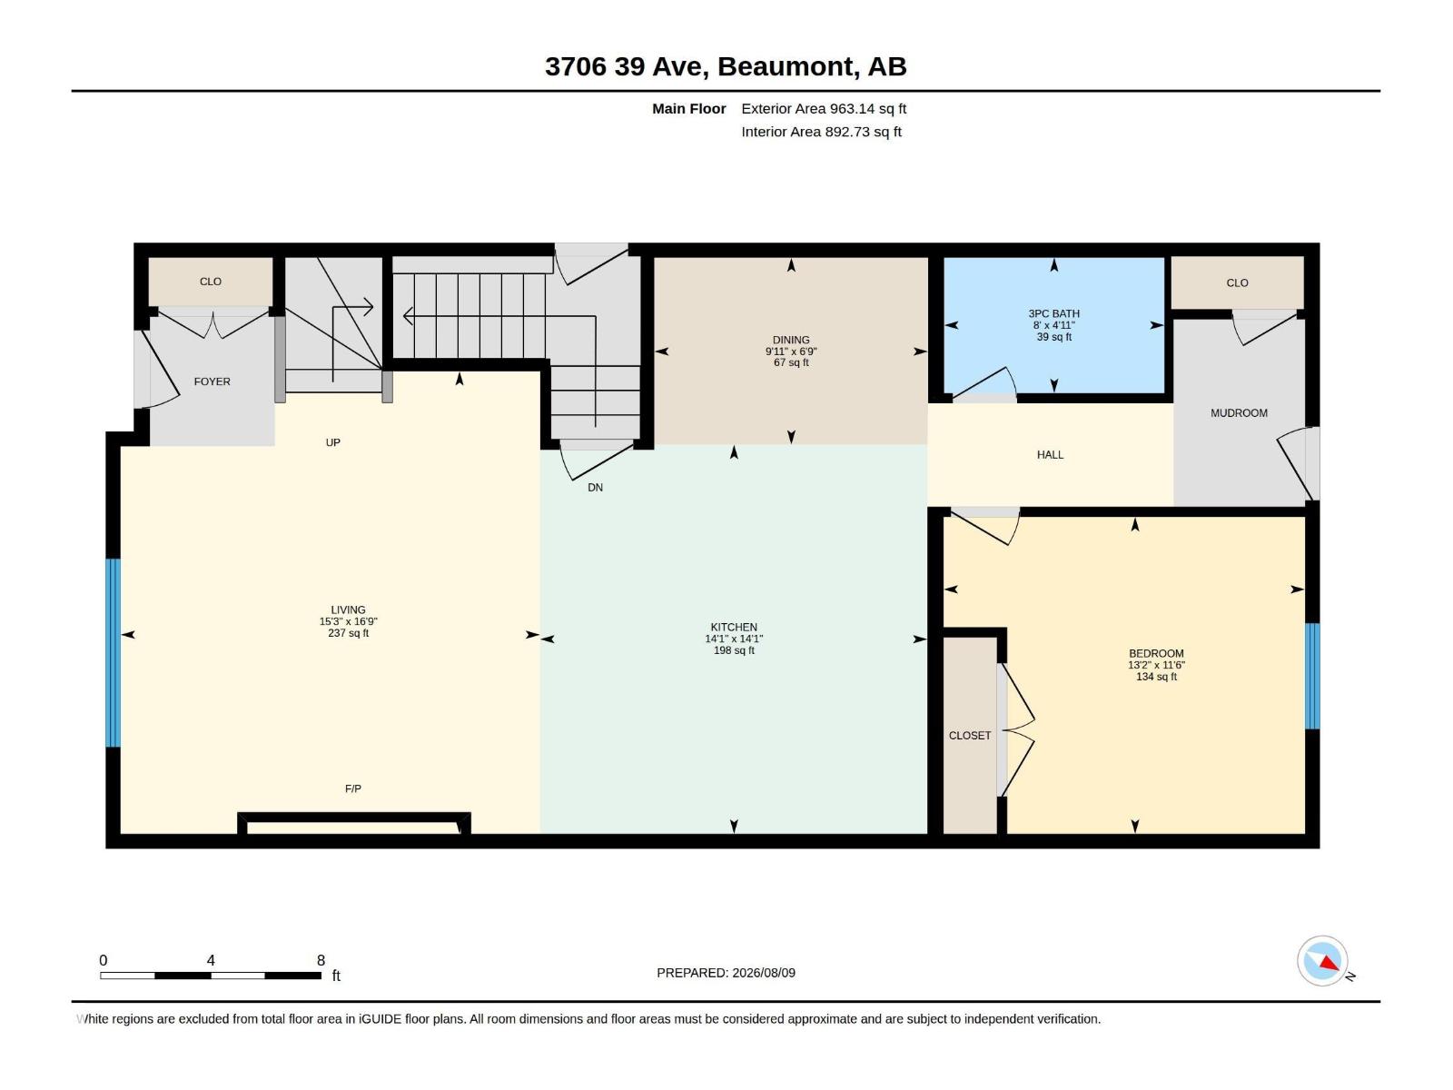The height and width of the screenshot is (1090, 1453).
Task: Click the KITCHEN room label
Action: [734, 627]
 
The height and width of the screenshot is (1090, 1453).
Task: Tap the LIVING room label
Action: [348, 609]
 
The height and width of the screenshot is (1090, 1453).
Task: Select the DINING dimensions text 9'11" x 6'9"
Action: [791, 352]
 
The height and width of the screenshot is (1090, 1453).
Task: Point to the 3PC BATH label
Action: [1053, 313]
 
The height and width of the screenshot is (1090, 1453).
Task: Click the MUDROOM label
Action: [1239, 413]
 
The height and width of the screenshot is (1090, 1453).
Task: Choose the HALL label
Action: [1050, 455]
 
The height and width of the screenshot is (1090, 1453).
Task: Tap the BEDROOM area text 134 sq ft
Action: [1156, 677]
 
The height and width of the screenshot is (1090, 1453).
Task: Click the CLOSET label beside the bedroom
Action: [970, 735]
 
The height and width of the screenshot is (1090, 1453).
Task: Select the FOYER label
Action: [212, 381]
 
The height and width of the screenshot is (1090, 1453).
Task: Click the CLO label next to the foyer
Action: [211, 282]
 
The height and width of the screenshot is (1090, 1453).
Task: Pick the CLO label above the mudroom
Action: [1237, 282]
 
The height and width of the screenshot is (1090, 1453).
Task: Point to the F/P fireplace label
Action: [353, 788]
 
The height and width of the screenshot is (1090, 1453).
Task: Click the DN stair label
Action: [595, 487]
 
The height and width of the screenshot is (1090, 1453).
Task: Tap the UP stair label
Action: [333, 442]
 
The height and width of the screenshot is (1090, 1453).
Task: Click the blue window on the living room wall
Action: [114, 652]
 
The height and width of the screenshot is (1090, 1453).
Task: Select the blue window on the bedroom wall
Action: [1312, 676]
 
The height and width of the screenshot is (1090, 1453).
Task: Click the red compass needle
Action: [1329, 962]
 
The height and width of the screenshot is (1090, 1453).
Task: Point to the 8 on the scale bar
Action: [321, 959]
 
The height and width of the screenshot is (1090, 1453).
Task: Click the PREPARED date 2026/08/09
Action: [763, 973]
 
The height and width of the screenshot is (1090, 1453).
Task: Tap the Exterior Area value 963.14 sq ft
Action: [868, 108]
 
